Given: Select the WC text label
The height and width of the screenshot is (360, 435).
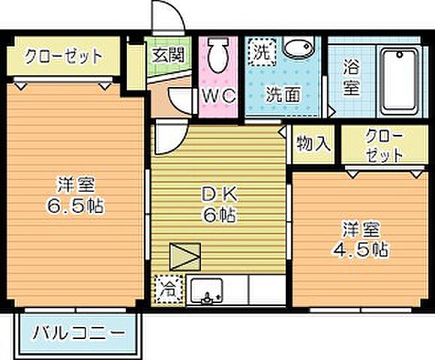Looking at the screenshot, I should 218,96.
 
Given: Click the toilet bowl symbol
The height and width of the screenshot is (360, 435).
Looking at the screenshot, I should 218,56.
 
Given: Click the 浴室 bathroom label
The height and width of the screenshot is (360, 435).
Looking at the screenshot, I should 351,76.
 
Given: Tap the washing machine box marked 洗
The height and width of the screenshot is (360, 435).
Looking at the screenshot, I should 262,52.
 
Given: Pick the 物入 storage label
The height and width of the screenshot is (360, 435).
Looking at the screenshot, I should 313,142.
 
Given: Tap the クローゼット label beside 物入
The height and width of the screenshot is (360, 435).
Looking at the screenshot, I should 385,144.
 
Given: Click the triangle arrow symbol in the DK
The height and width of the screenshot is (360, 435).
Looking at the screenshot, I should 183,257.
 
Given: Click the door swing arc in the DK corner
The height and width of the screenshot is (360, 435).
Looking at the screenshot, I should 169,139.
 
